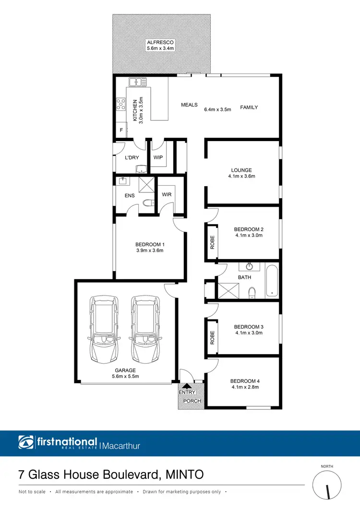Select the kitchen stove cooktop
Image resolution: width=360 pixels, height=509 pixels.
[x=120, y=105]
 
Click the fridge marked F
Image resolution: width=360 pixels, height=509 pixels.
[x=120, y=130]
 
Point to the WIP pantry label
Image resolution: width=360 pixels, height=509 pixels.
[x=158, y=157]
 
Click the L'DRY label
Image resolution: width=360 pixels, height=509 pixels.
[x=132, y=157]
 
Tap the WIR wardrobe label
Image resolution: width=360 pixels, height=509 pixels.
[x=167, y=195]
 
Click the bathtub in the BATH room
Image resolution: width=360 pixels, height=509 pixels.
[x=272, y=281]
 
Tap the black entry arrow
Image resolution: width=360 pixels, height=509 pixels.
[x=187, y=385]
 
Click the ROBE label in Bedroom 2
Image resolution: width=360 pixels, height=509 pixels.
[x=212, y=242]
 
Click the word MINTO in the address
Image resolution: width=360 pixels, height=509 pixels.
[x=184, y=475]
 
